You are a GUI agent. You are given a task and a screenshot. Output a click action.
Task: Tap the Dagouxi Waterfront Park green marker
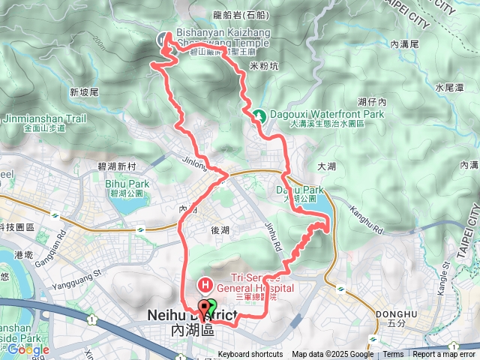pos(259,115)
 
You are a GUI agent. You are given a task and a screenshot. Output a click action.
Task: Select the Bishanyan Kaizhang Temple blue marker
pos(162,39)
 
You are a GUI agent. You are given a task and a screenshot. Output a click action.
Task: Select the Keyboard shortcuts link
pos(250,355)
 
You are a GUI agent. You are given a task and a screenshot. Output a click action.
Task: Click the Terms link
pos(393,355)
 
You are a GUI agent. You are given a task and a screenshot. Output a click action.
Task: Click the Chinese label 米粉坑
pos(263,66)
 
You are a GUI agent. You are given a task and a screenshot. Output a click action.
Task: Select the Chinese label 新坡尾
pos(84,93)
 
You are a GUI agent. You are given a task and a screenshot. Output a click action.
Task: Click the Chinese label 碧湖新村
pos(115,166)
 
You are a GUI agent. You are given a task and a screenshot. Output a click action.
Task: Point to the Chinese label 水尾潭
pos(448,88)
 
